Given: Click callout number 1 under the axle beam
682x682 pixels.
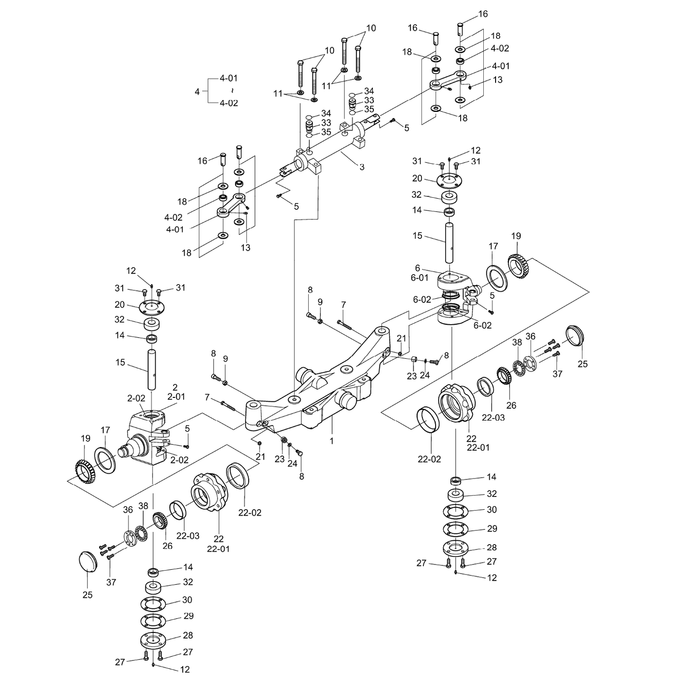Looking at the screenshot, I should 332,441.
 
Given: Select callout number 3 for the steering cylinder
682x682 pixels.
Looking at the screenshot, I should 362,167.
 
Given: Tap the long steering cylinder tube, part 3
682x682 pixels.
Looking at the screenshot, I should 330,142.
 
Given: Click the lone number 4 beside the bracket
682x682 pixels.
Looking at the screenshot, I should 197,91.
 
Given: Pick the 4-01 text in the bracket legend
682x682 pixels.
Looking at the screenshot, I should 228,78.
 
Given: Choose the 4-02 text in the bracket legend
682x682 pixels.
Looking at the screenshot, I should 228,103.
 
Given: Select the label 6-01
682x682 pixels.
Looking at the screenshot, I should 420,278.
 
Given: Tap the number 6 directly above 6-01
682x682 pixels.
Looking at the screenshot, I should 418,268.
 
